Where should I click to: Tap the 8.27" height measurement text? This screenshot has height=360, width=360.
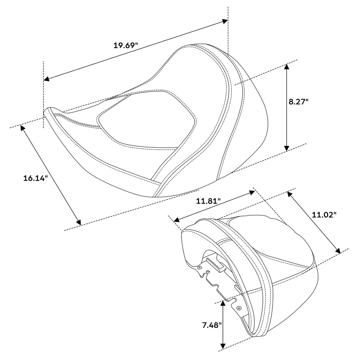pyautogui.click(x=298, y=101)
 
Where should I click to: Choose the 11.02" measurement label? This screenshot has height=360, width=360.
pyautogui.click(x=324, y=214)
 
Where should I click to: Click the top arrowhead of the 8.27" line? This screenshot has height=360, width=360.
pyautogui.click(x=287, y=67)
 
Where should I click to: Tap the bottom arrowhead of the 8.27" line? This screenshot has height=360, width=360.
pyautogui.click(x=287, y=148)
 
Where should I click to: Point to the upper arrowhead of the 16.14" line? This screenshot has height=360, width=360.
pyautogui.click(x=23, y=128)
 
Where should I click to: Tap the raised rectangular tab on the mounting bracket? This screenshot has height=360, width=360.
pyautogui.click(x=216, y=264)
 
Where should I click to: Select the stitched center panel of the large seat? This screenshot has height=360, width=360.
pyautogui.click(x=146, y=120)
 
